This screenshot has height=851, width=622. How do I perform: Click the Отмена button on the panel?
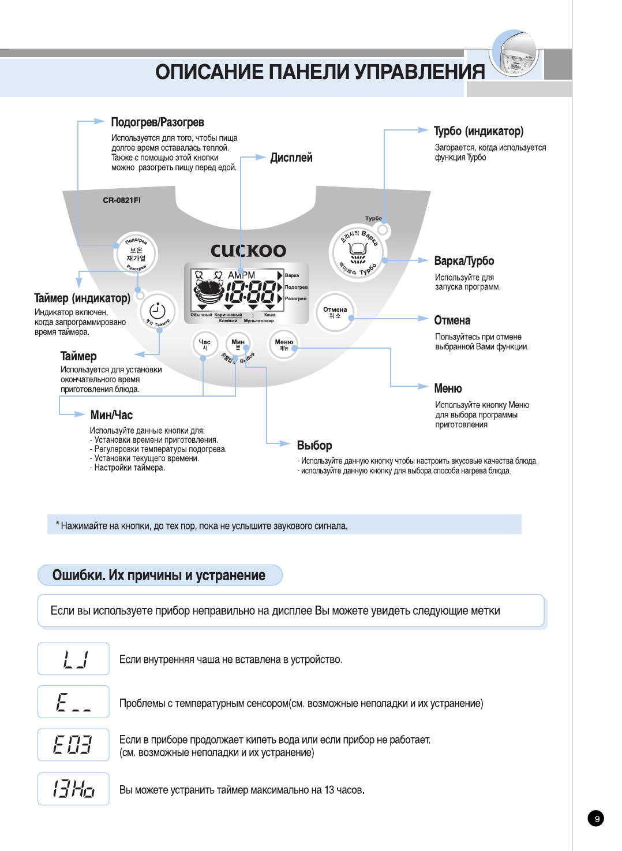click(x=335, y=312)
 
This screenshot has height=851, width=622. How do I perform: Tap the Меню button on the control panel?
click(x=283, y=345)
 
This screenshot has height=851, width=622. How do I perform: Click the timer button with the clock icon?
click(x=158, y=312)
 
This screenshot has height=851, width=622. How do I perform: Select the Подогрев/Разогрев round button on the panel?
click(x=136, y=253)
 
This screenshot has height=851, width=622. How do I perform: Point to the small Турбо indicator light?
click(x=383, y=230)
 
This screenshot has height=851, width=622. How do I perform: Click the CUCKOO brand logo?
click(x=248, y=251)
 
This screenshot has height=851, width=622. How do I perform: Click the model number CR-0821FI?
click(x=122, y=200)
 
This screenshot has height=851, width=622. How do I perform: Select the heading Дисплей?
click(x=291, y=158)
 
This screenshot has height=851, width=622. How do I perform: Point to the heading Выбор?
click(x=314, y=445)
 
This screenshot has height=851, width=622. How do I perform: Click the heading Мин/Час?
click(x=111, y=415)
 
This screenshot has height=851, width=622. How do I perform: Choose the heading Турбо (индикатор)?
click(x=478, y=131)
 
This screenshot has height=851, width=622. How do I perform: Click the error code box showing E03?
click(x=73, y=745)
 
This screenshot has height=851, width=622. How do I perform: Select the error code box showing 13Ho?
click(x=73, y=789)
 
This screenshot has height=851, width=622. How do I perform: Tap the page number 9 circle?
click(x=597, y=819)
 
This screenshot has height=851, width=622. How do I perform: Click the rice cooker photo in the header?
click(x=515, y=55)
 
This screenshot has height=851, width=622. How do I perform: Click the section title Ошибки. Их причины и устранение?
click(x=159, y=575)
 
